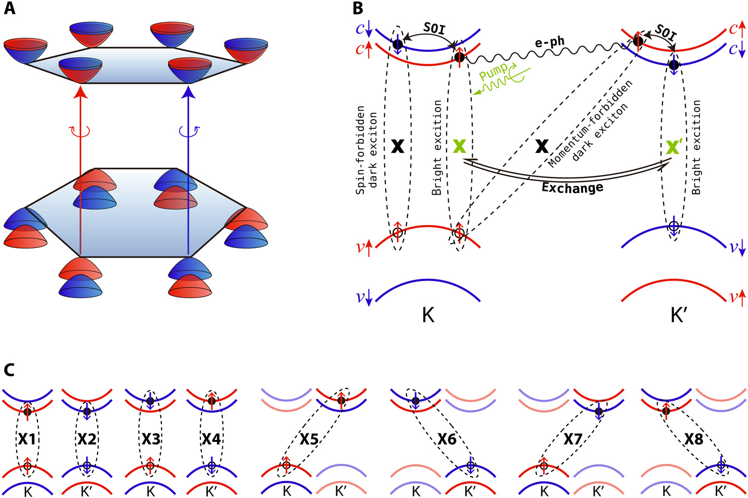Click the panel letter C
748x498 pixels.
click(10, 370)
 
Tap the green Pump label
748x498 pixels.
click(493, 71)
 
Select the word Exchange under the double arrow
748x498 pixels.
click(572, 188)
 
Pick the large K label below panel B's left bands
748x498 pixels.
click(428, 315)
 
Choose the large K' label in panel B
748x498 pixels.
click(678, 315)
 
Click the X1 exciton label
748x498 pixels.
click(27, 439)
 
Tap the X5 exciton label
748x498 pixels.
click(309, 439)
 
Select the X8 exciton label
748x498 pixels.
click(694, 439)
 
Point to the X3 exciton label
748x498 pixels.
click(151, 439)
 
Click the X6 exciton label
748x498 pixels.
click(447, 439)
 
